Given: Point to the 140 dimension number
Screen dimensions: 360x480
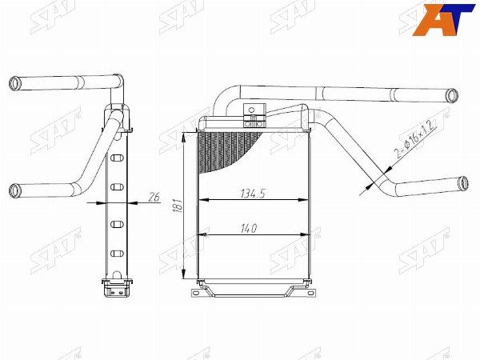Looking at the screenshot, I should pyautogui.click(x=249, y=229).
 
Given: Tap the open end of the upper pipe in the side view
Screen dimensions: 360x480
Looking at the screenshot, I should pyautogui.click(x=14, y=82).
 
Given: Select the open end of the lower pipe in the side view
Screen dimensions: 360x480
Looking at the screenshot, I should pyautogui.click(x=14, y=190).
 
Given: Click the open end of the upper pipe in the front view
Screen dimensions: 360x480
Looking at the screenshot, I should pyautogui.click(x=454, y=96).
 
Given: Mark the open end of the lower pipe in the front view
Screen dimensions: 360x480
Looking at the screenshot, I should pyautogui.click(x=462, y=183).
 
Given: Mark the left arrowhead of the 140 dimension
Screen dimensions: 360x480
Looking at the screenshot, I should pyautogui.click(x=200, y=235).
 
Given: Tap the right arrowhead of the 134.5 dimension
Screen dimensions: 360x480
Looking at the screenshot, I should pyautogui.click(x=305, y=200).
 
